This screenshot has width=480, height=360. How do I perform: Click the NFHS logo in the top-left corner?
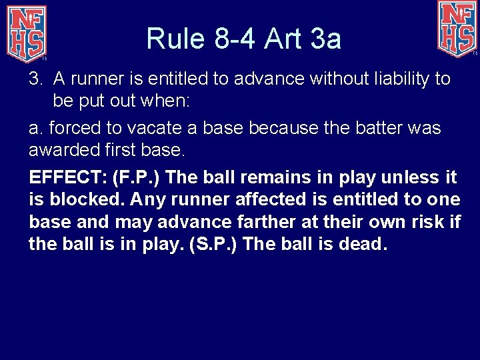coord(27,31)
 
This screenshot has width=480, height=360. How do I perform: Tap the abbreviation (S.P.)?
coord(214,244)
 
